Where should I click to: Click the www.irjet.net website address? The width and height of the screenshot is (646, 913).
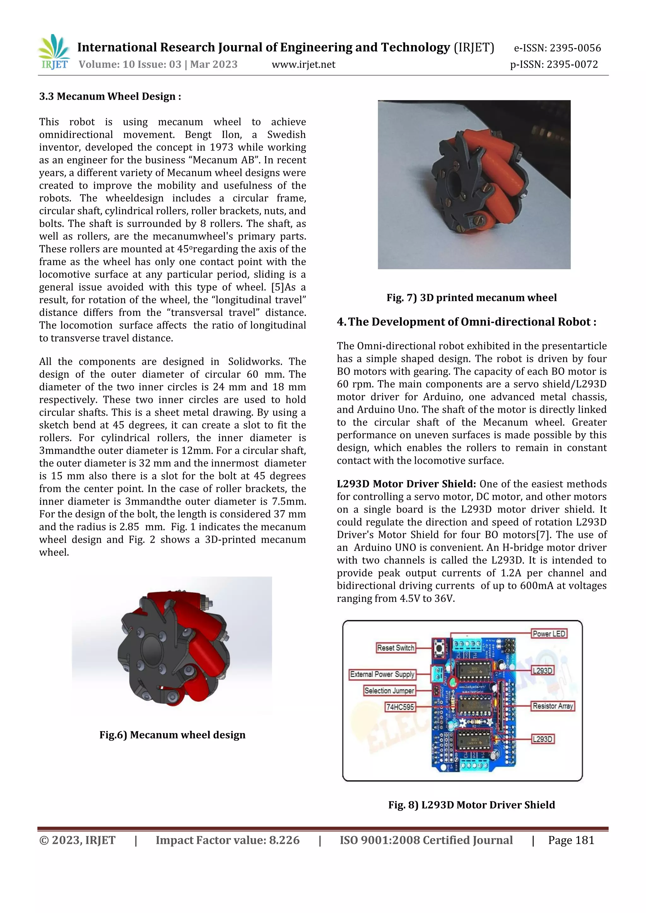(x=303, y=64)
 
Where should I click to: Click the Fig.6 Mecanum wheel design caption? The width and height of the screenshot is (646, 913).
(x=172, y=735)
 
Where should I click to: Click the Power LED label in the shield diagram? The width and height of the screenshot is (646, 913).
(x=549, y=633)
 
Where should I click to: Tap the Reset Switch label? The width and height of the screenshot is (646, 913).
(x=396, y=648)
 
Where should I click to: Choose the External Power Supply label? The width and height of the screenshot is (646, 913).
(x=382, y=674)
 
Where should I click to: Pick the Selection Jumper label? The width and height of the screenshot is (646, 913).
(x=389, y=690)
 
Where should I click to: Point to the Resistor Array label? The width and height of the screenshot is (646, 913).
(x=553, y=706)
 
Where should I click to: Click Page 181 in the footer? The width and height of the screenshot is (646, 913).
(x=571, y=840)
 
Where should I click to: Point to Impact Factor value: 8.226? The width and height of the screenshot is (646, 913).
(x=227, y=840)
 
